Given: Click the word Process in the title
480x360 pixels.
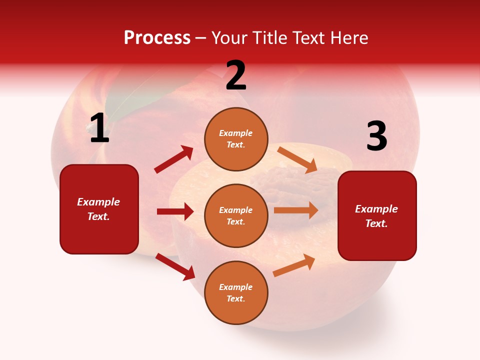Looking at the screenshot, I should pyautogui.click(x=157, y=37).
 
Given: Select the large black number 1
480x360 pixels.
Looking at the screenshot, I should pyautogui.click(x=99, y=128).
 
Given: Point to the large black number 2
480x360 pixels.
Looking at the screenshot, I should pyautogui.click(x=236, y=75).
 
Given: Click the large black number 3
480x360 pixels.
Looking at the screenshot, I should pyautogui.click(x=376, y=136).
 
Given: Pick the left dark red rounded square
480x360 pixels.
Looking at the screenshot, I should pyautogui.click(x=99, y=209).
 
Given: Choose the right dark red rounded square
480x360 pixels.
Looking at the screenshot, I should pyautogui.click(x=377, y=216).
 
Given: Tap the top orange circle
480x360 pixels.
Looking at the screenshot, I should pyautogui.click(x=236, y=138).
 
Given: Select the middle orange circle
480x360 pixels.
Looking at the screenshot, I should pyautogui.click(x=236, y=215).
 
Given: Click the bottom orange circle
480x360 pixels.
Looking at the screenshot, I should pyautogui.click(x=236, y=292).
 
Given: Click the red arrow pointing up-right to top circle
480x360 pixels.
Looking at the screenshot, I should pyautogui.click(x=174, y=159).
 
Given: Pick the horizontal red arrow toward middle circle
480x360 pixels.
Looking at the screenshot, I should pyautogui.click(x=175, y=211).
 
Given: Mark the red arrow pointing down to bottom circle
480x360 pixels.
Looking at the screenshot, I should pyautogui.click(x=175, y=266).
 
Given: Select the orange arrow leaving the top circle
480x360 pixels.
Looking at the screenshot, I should pyautogui.click(x=297, y=159).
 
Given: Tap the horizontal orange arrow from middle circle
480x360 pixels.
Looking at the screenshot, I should pyautogui.click(x=296, y=210).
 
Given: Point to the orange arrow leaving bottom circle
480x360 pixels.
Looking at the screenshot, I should pyautogui.click(x=294, y=265).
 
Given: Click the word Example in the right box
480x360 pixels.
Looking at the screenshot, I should pyautogui.click(x=376, y=209).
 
